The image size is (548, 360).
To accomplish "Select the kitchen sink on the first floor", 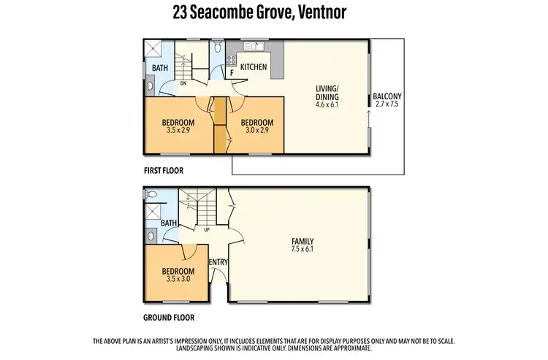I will (x=255, y=46).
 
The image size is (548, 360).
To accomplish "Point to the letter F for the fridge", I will (x=232, y=73).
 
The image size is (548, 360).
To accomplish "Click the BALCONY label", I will (x=387, y=96).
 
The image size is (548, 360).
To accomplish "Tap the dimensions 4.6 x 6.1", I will (x=327, y=104).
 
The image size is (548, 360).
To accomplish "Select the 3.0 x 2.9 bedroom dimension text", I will (x=256, y=131).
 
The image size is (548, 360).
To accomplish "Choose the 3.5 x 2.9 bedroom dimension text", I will (x=178, y=131).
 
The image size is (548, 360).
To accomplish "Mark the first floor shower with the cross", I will (x=152, y=48).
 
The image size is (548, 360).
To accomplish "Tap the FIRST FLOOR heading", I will (x=163, y=170).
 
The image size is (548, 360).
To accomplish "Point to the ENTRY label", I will (x=217, y=263).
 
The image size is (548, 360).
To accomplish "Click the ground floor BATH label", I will (x=169, y=223).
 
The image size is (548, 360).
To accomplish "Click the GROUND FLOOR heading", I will (x=169, y=318).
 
